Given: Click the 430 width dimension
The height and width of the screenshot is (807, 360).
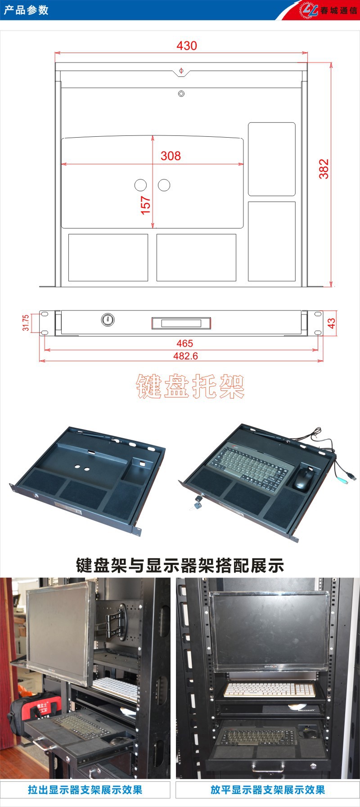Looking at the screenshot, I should point(186,46).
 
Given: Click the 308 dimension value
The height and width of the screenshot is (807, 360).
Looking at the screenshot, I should point(171,156).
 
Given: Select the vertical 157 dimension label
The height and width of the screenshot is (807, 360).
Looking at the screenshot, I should point(146,205).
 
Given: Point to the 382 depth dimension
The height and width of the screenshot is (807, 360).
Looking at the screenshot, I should point(324,169).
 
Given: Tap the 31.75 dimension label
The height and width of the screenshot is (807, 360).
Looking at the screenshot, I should point(26,323).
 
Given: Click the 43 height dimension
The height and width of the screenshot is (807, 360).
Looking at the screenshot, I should point(331,323).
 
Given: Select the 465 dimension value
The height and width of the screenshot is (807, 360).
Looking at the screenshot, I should point(184,343).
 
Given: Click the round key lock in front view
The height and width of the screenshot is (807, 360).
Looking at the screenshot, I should point(108,320).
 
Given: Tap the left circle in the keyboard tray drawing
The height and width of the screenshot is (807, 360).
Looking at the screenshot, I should point(141,185).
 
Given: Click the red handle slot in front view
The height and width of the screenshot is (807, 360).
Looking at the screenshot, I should point(181,323).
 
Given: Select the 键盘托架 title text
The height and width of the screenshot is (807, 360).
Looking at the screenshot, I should point(190,386).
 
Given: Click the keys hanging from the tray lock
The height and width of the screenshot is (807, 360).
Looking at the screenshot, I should point(196,504).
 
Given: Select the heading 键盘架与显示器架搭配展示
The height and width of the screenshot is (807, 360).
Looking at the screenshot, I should point(180,565).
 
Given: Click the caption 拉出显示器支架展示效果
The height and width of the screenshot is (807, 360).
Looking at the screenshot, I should point(85,789).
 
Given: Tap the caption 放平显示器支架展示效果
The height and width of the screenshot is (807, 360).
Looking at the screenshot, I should point(267,789).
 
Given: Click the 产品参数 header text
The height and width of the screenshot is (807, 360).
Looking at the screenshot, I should point(26,10).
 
